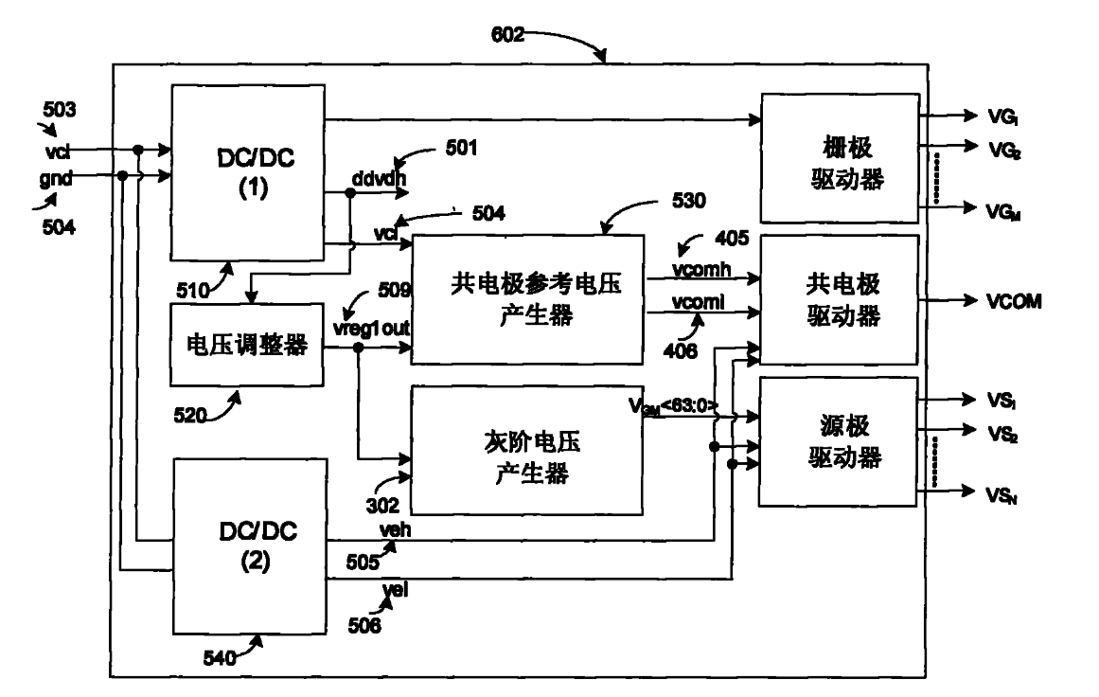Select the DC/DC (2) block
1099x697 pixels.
248,545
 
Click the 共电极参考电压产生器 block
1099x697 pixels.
525,300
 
